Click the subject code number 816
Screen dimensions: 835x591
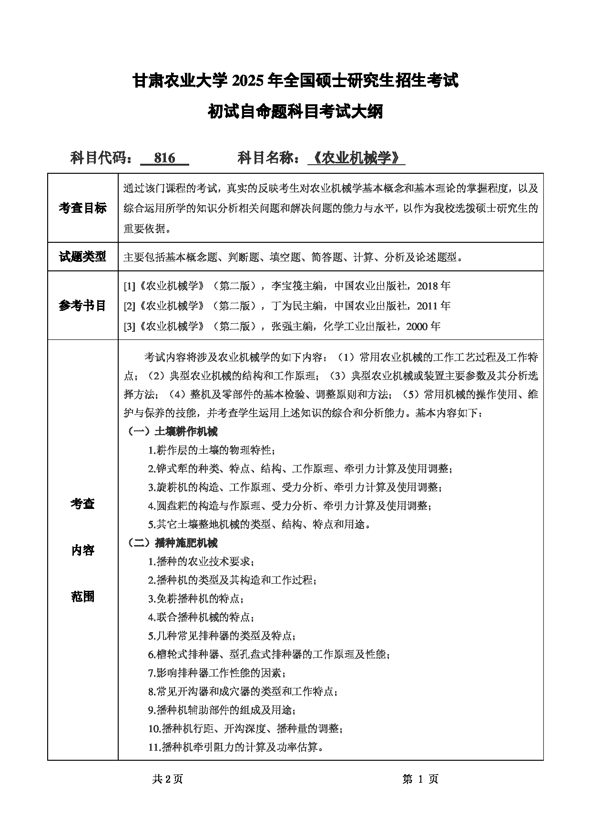165,158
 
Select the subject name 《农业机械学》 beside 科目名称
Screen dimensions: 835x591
357,158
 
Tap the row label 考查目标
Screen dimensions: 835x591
82,208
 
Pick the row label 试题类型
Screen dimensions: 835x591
82,257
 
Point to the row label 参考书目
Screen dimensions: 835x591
82,306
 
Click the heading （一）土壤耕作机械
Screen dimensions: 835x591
173,432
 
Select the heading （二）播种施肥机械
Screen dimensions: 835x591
173,543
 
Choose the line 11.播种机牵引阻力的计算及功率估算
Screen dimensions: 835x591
236,747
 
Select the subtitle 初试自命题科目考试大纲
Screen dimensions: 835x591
295,112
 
